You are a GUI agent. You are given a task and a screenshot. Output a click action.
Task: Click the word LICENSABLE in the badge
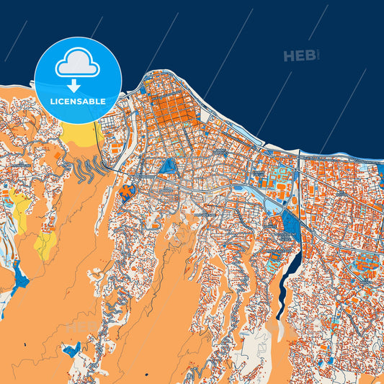pos(78,102)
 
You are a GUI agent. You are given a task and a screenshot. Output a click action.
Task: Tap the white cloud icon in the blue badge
pos(78,65)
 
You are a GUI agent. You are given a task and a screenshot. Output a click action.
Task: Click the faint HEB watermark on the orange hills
pos(83,328)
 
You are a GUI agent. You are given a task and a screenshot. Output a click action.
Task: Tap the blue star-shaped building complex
pos(128,192)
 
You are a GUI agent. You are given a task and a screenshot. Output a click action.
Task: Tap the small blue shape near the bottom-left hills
pos(71,350)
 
